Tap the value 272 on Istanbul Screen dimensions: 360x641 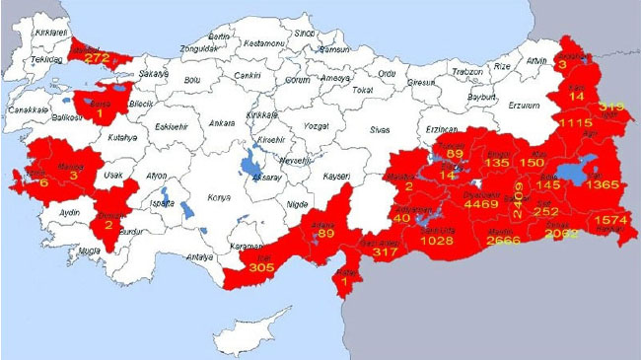coord(97,58)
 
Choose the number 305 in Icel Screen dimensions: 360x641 coord(261,267)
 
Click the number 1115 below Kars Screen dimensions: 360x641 coord(575,122)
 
